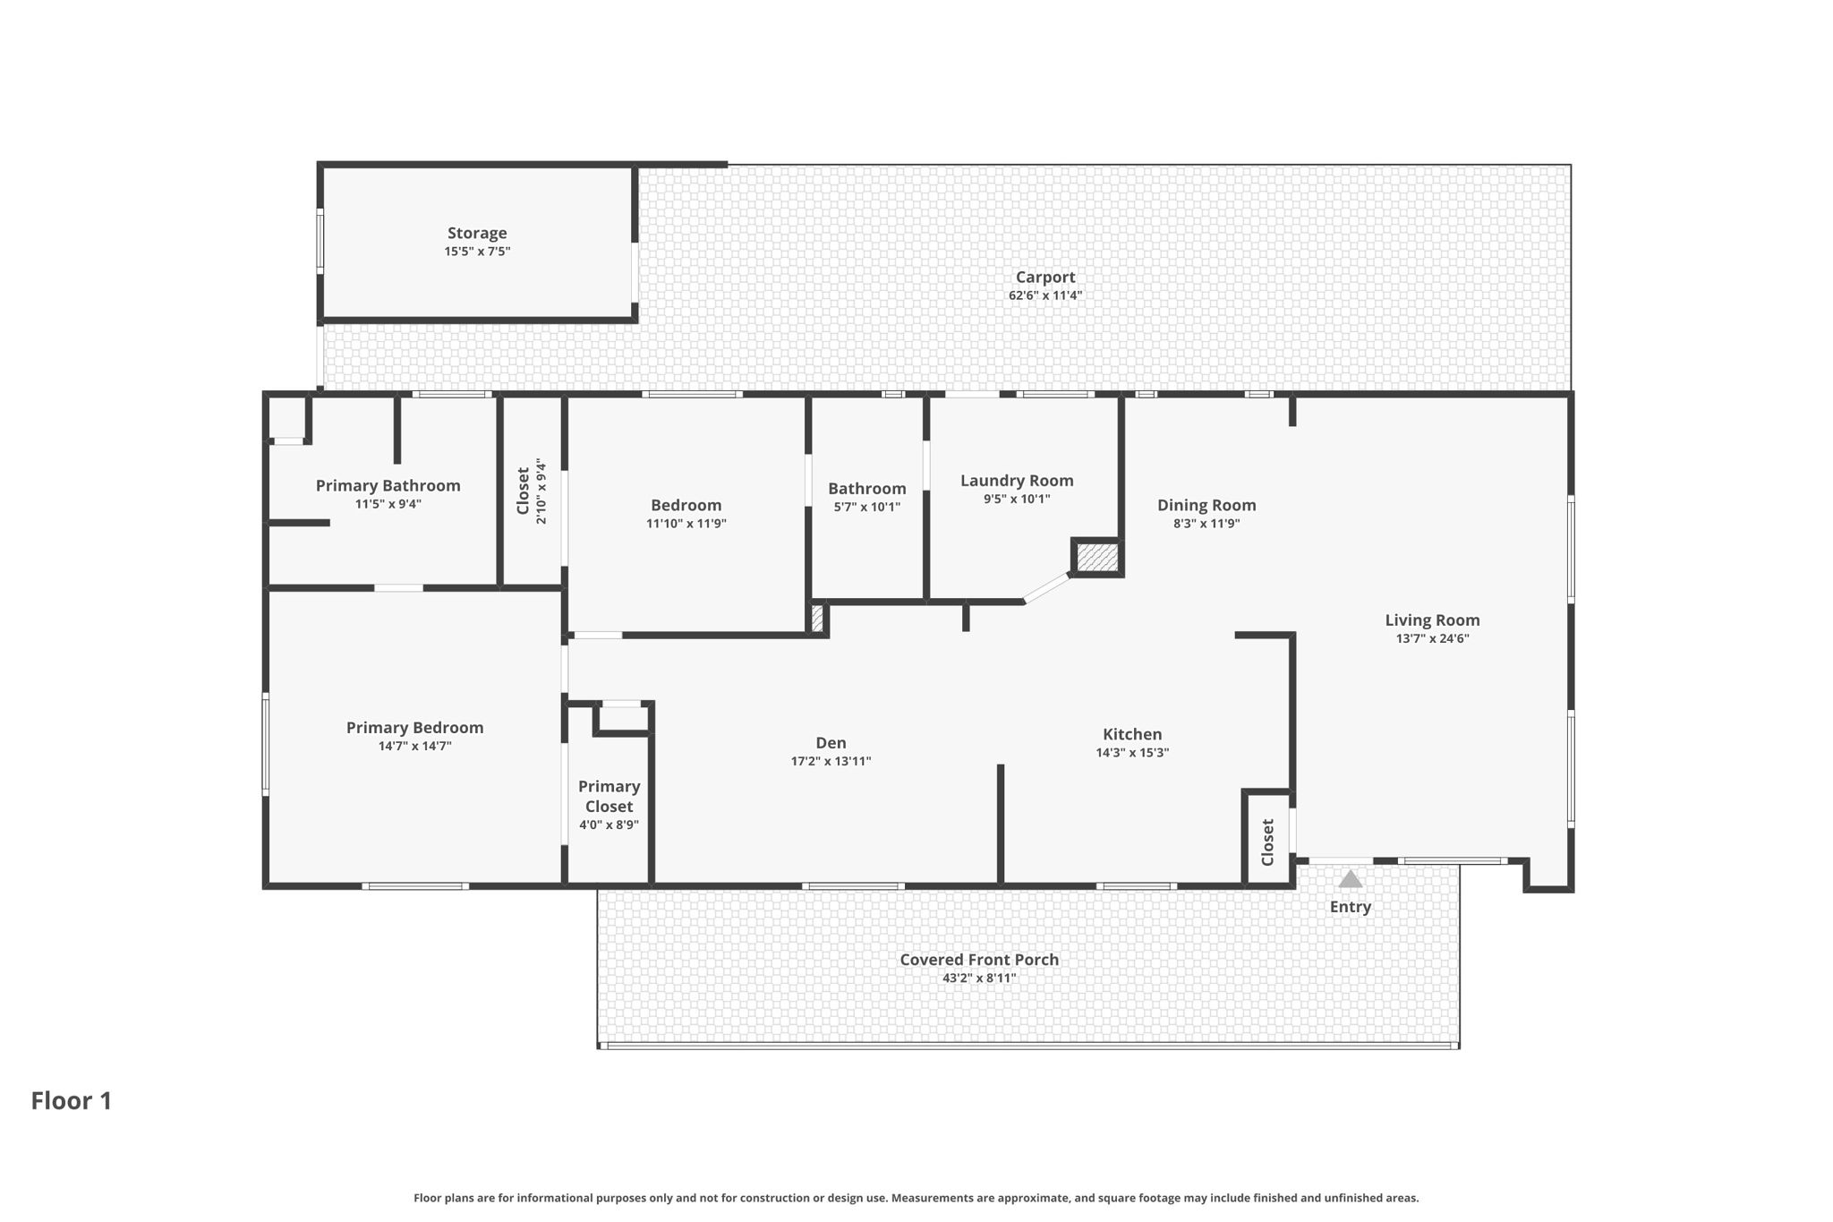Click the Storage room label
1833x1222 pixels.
pos(477,233)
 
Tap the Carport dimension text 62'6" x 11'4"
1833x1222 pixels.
pos(1044,295)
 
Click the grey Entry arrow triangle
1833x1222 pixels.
pos(1350,879)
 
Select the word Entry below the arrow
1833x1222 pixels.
pos(1350,907)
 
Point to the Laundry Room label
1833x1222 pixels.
pos(1017,481)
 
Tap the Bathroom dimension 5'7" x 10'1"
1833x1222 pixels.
pos(866,507)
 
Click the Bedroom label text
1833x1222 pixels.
pos(686,505)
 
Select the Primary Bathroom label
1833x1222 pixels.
pos(388,485)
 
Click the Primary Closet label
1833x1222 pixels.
pos(609,796)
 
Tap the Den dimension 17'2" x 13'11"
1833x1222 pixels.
pos(831,762)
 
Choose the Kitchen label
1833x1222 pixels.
pos(1132,734)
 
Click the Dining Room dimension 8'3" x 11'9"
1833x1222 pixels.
pos(1206,524)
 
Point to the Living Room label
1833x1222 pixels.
pos(1432,620)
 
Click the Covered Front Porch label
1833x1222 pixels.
pos(979,960)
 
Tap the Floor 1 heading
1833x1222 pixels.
pos(72,1100)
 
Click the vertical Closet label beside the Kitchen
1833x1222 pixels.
pos(1267,842)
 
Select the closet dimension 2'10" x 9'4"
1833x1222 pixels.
pos(541,491)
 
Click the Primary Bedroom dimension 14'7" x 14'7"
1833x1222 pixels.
pos(414,746)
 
